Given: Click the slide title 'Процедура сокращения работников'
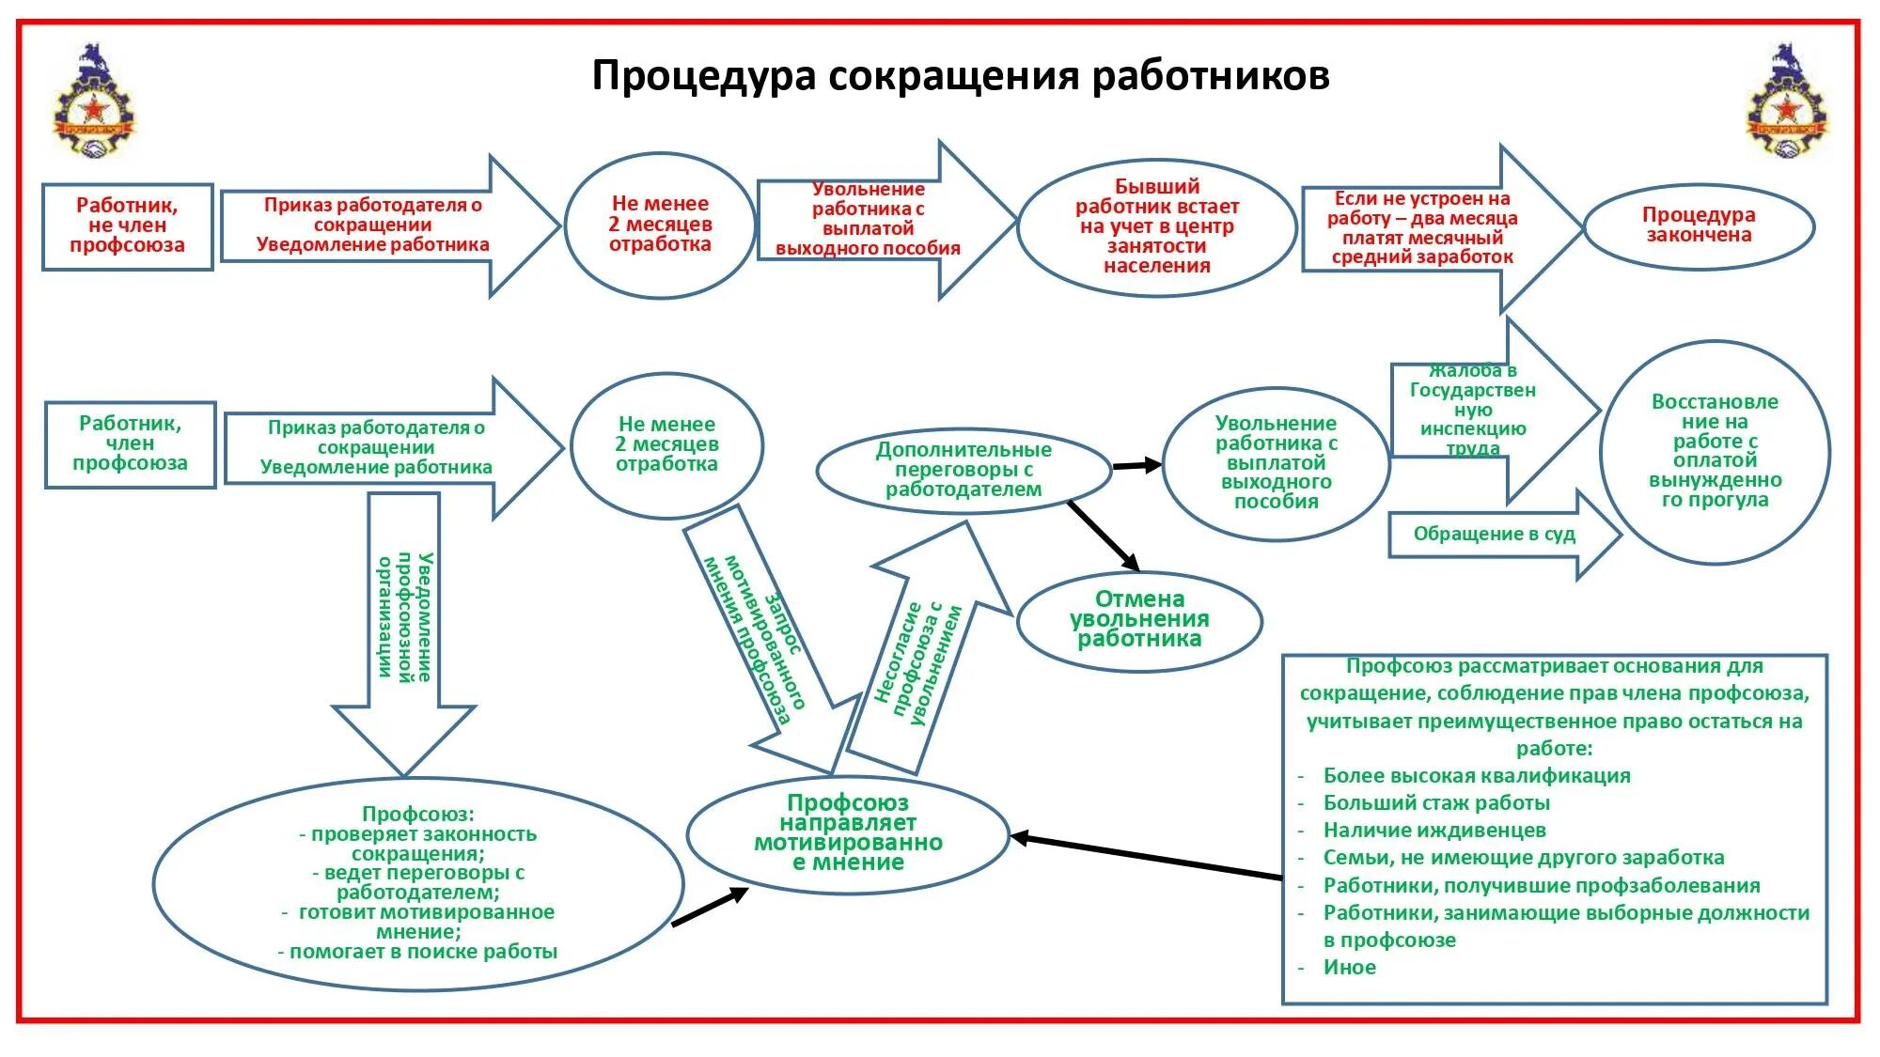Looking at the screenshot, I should click(x=960, y=75).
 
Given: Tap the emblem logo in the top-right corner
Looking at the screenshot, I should click(x=1787, y=101).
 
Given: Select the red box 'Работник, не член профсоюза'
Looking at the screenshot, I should click(x=128, y=226).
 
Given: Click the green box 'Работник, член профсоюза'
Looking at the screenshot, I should click(x=131, y=444).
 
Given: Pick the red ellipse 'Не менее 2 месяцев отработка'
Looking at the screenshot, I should click(x=660, y=225).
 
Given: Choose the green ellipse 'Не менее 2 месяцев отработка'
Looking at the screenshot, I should click(x=666, y=444).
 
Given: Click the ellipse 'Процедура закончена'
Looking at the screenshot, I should click(x=1699, y=226).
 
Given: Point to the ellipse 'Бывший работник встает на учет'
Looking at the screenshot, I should click(x=1157, y=226).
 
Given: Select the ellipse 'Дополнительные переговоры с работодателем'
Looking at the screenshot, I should click(x=963, y=470).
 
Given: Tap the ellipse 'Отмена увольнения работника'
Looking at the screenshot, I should click(x=1139, y=619).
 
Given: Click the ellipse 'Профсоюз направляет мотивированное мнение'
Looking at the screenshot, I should click(x=848, y=833).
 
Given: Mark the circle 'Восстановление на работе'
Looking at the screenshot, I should click(x=1715, y=451).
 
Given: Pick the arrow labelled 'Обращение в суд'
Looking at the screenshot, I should click(x=1496, y=535).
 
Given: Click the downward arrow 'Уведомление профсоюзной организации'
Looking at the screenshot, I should click(x=404, y=620).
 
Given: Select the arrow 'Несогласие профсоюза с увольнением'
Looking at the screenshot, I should click(x=926, y=658).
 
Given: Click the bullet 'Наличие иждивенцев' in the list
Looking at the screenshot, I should click(x=1434, y=831).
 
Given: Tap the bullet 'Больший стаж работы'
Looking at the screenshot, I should click(x=1436, y=803).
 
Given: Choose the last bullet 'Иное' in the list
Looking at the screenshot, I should click(x=1350, y=968).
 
